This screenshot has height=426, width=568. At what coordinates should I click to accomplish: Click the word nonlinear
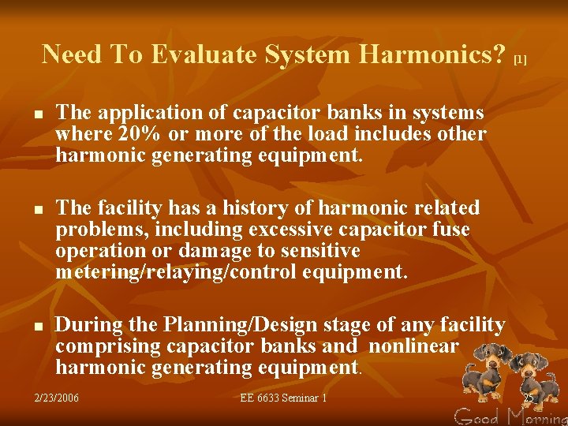tap(413, 346)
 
